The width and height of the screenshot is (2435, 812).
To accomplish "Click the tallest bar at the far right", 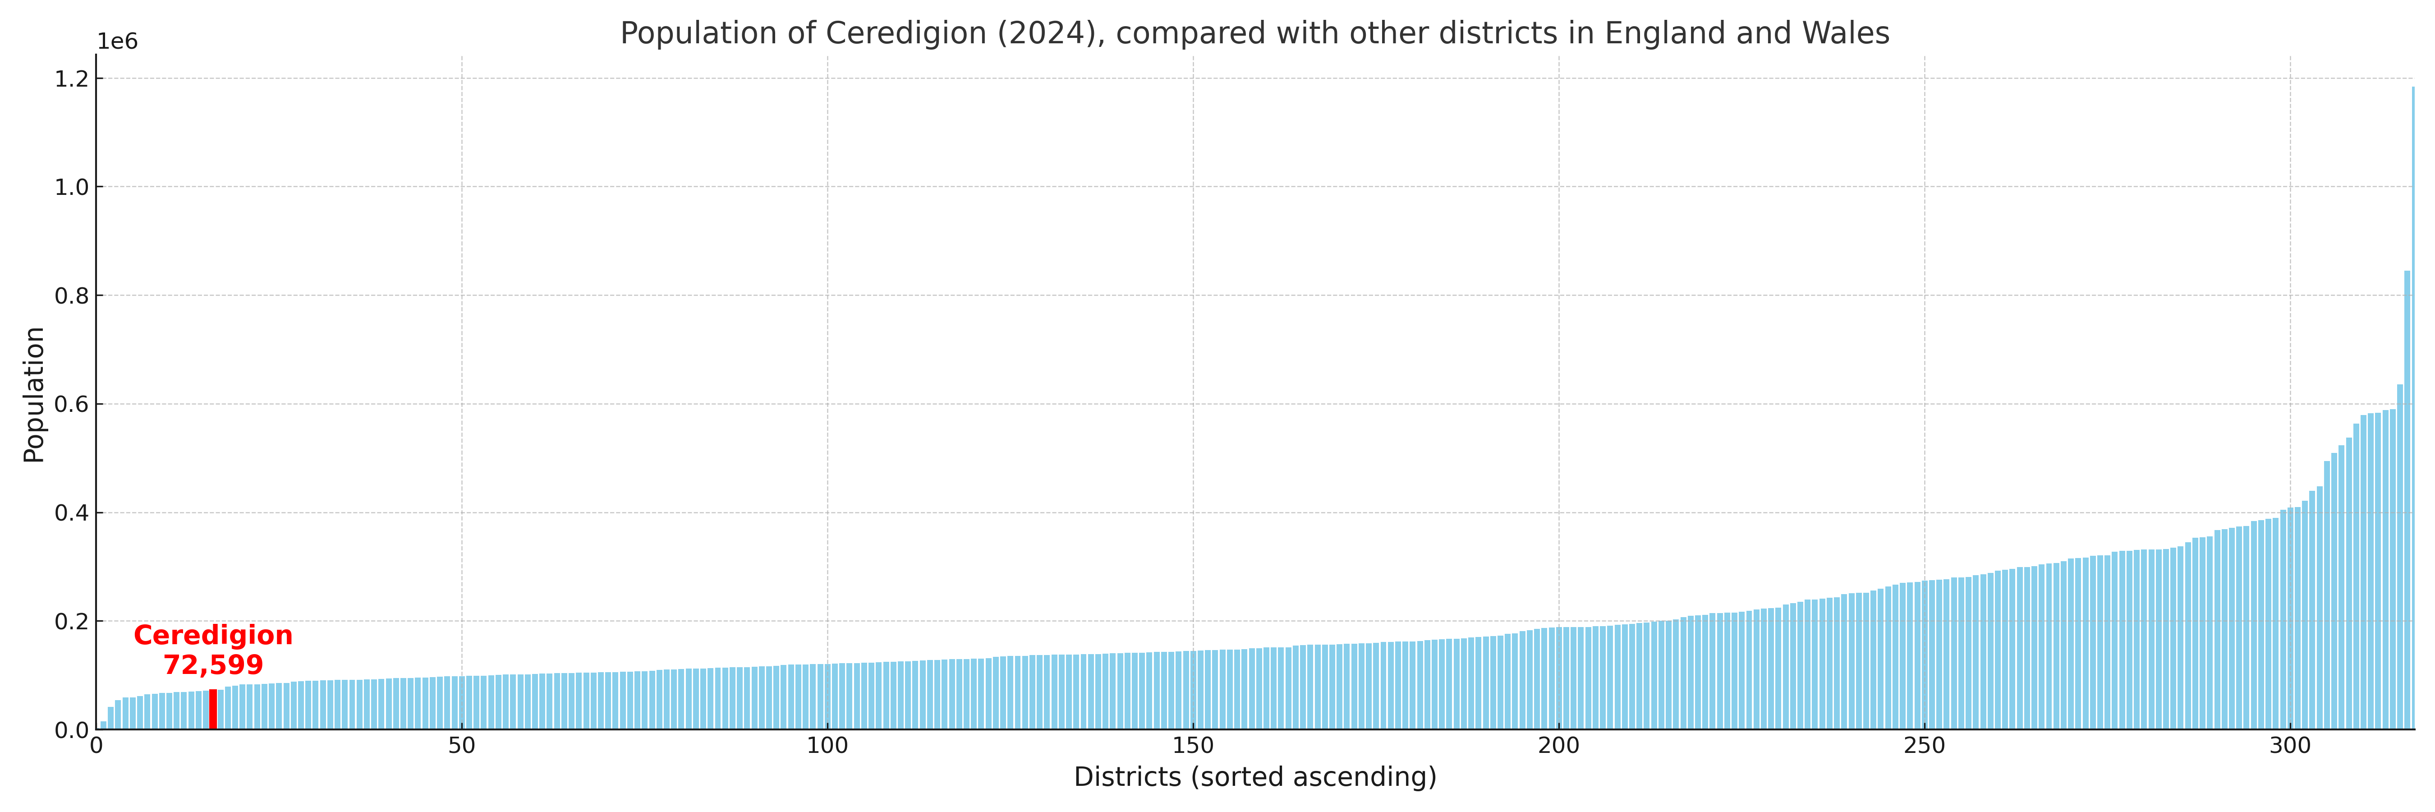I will tap(2412, 406).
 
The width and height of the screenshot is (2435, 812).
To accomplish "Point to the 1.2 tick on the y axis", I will tap(72, 79).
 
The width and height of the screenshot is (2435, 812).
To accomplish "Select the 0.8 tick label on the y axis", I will tap(72, 296).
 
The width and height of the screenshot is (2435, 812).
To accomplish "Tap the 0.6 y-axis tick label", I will tap(72, 405).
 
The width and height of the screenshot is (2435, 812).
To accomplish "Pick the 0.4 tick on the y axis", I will tap(72, 513).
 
